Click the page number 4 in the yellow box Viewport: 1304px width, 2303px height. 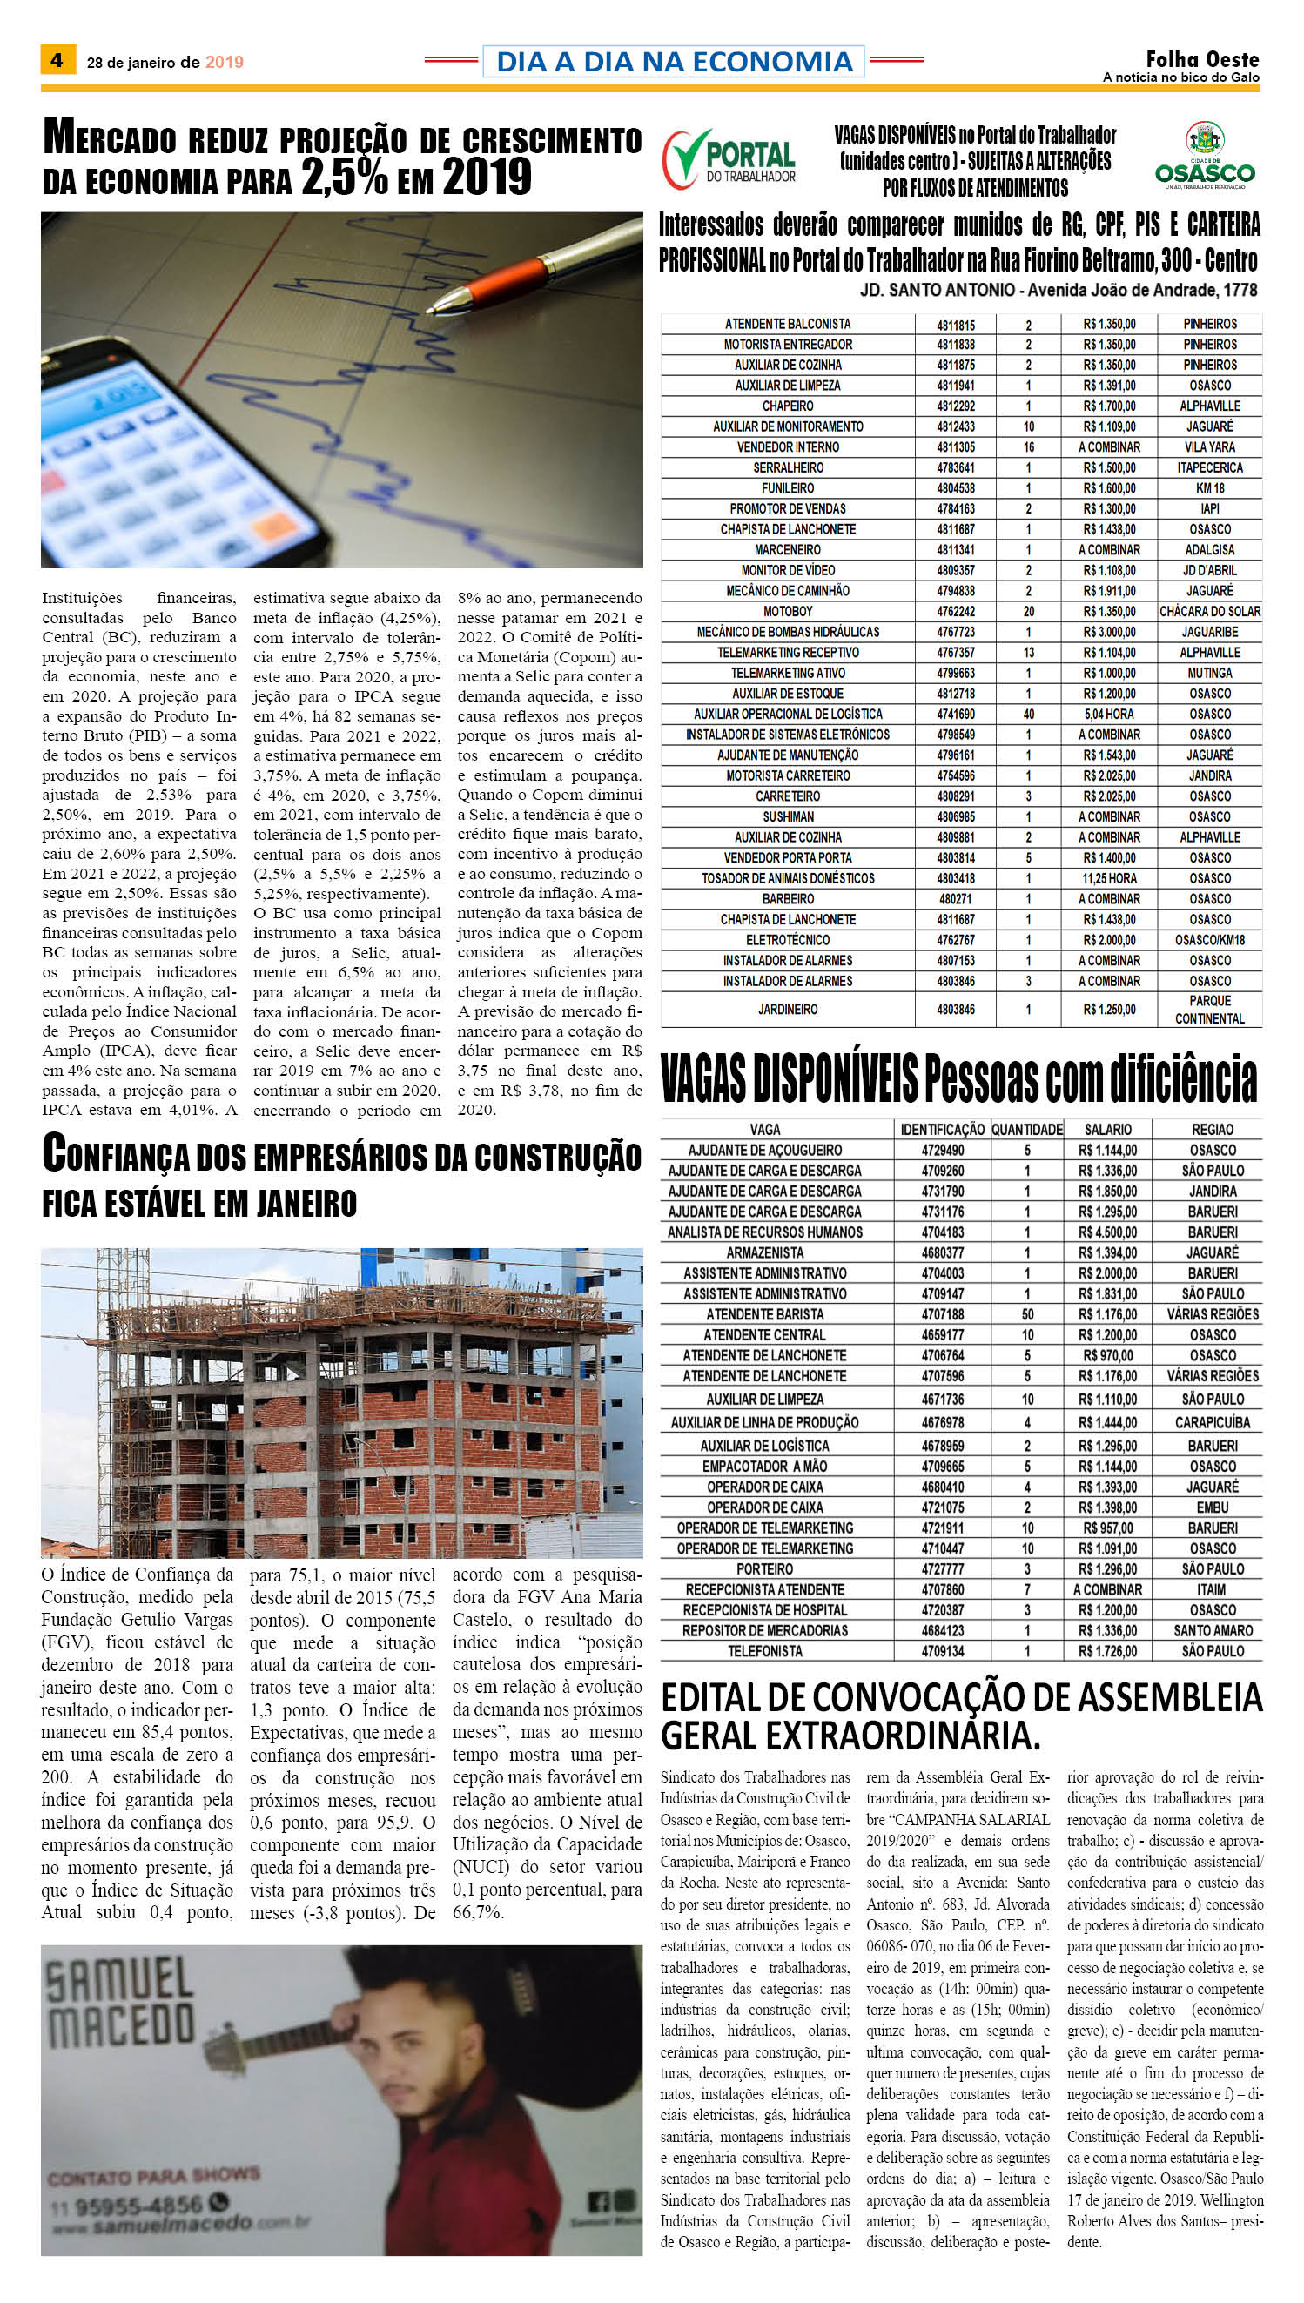coord(57,61)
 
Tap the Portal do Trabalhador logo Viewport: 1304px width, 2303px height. coord(729,158)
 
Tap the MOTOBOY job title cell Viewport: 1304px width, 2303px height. coord(788,612)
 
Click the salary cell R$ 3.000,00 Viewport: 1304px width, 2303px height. coord(1109,632)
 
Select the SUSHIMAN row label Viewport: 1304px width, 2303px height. coord(788,816)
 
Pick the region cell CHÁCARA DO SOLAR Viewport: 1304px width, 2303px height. coord(1210,612)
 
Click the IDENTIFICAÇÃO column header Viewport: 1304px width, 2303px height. coord(942,1130)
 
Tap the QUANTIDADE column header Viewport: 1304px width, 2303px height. coord(1027,1130)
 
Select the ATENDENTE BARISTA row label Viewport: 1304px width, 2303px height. coord(765,1314)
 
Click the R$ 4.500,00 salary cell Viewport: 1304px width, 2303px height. coord(1108,1232)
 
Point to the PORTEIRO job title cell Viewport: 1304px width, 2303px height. coord(765,1568)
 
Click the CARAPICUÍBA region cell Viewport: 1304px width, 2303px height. coord(1213,1422)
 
